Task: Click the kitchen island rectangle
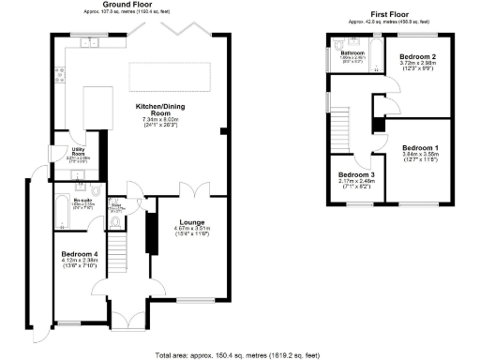(169, 74)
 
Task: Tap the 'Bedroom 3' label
(356, 176)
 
